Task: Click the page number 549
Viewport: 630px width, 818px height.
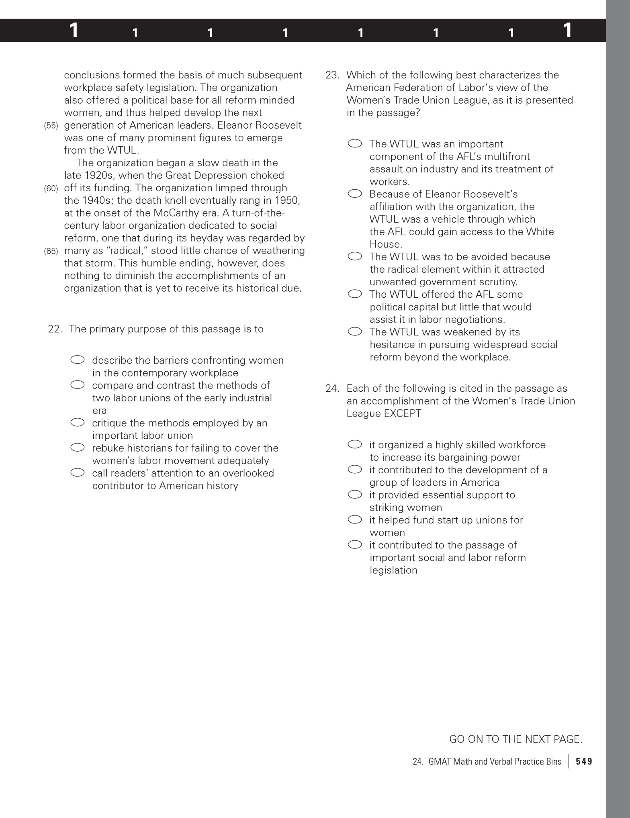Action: coord(584,761)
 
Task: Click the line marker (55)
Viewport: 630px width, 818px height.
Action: coord(51,126)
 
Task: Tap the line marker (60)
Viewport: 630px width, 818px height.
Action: coord(51,188)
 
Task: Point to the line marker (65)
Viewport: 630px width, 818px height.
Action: coord(51,251)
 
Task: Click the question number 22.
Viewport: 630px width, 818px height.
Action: coord(55,329)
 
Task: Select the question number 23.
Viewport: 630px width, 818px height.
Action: coord(332,75)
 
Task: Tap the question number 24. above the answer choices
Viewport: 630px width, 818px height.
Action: coord(332,389)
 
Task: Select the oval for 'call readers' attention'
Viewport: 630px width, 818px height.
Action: coord(78,472)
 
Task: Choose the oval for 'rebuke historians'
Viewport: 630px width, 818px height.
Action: coord(78,448)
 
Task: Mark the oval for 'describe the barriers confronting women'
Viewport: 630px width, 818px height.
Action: coord(78,360)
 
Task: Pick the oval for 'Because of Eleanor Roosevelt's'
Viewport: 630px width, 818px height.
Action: coord(355,194)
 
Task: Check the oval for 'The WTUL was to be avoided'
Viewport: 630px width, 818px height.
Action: coord(355,256)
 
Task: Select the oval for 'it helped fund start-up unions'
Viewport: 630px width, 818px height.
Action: coord(355,519)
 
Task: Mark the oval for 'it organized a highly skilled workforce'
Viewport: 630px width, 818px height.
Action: coord(355,444)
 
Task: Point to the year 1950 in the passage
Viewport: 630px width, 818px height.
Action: coord(286,200)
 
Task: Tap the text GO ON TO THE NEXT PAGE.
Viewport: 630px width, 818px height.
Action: coord(515,739)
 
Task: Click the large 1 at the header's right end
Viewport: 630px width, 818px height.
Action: coord(567,30)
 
